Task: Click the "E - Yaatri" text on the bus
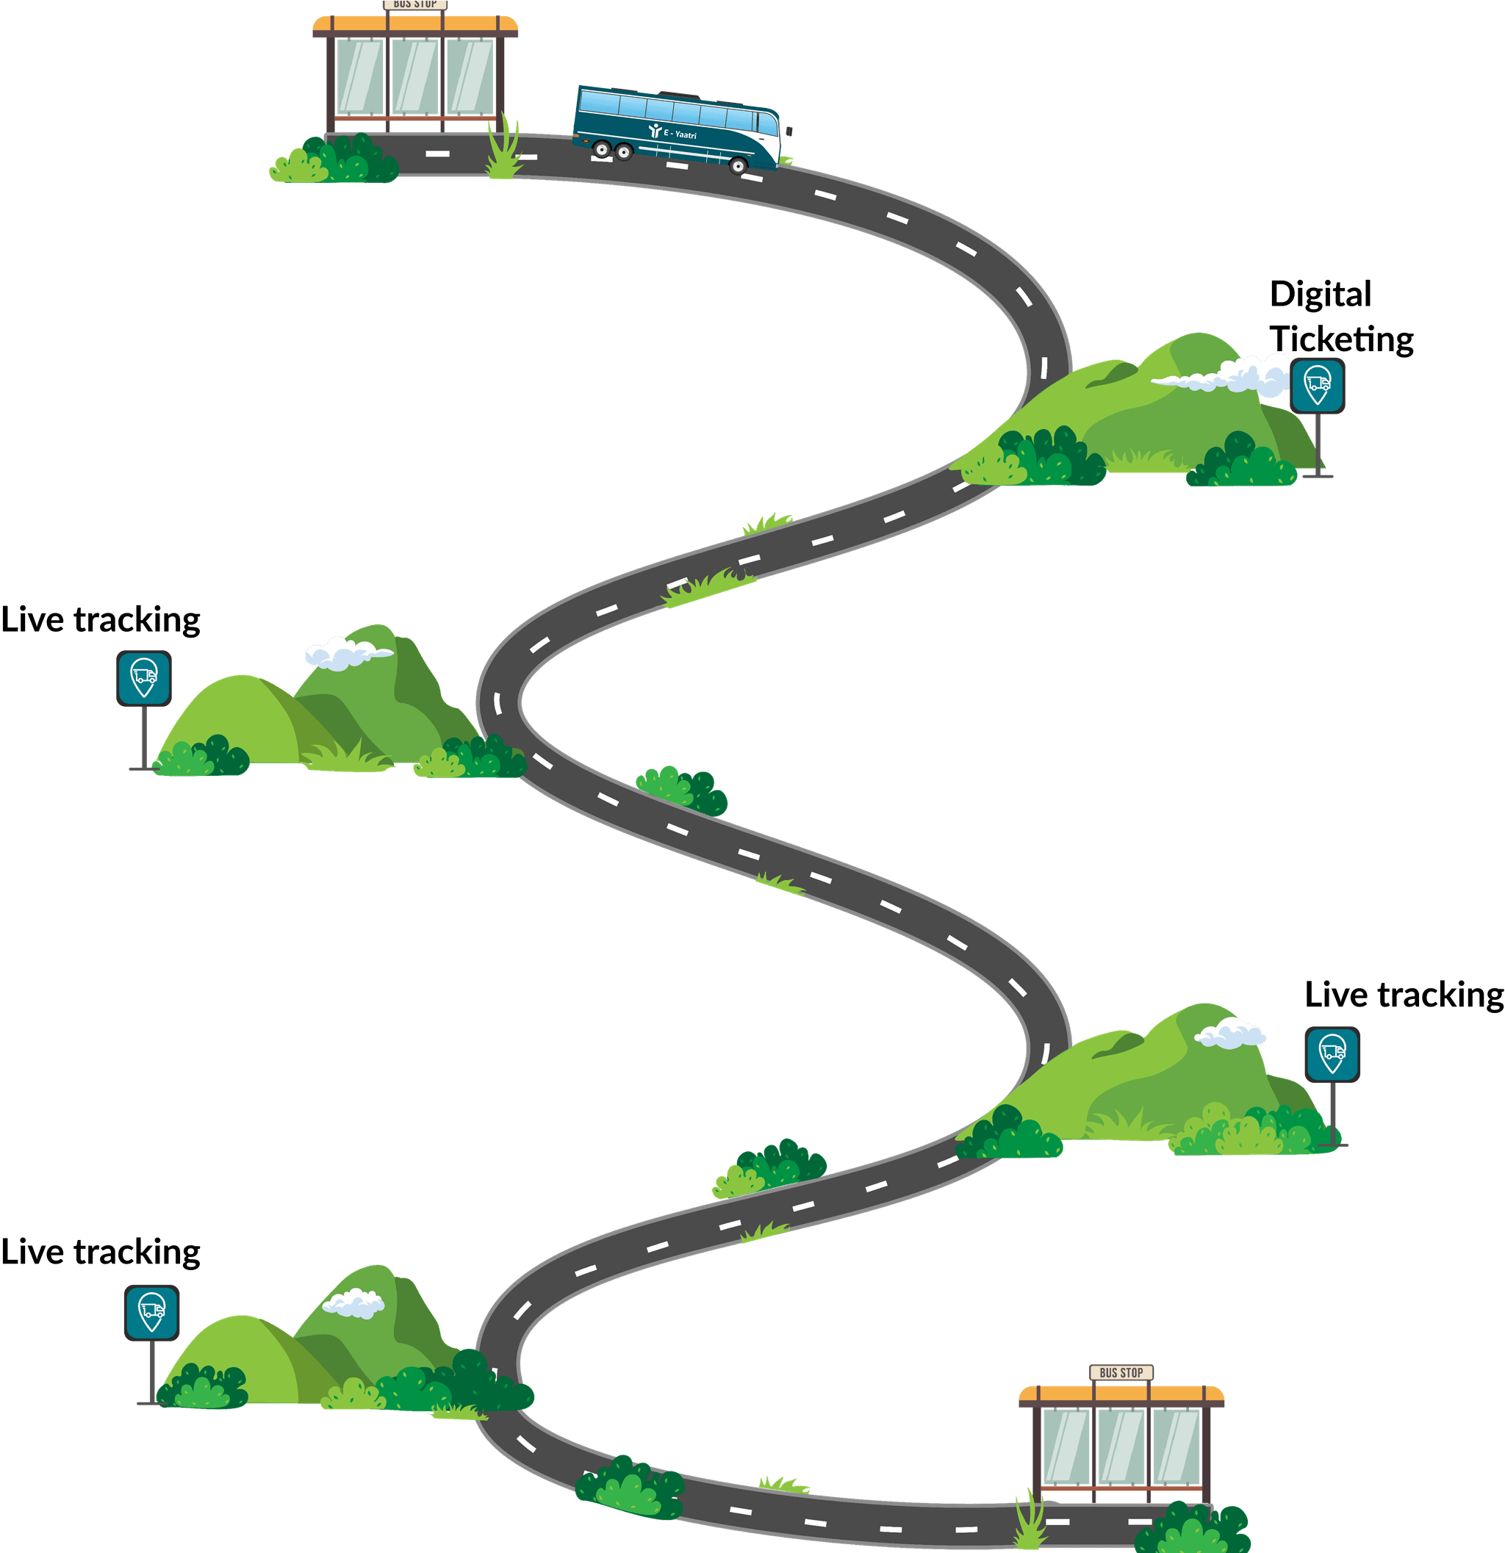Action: (x=680, y=134)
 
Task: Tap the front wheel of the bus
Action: (x=738, y=165)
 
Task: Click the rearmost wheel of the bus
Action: (x=602, y=148)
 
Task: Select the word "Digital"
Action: (x=1321, y=295)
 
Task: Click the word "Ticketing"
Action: (x=1342, y=339)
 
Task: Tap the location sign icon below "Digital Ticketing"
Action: (x=1317, y=386)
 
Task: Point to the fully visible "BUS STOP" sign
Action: (x=1121, y=1372)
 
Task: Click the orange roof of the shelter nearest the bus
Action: (x=415, y=24)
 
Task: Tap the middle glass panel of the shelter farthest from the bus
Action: (x=1121, y=1446)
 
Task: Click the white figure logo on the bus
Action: (x=655, y=131)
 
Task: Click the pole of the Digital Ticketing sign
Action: (x=1317, y=444)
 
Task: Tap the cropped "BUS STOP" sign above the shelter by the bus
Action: (x=415, y=4)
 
